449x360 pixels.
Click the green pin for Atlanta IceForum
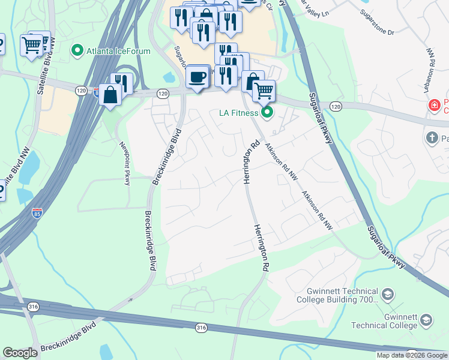[77, 50]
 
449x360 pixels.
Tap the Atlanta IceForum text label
[118, 51]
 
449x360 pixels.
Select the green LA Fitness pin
[267, 112]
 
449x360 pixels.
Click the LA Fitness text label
[238, 112]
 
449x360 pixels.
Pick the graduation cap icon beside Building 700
[388, 295]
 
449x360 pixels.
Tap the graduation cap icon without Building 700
[427, 320]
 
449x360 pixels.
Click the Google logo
[20, 353]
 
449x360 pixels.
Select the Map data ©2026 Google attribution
[412, 355]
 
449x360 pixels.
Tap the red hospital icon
[434, 106]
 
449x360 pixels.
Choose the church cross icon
[432, 139]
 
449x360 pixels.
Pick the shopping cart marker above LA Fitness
[264, 91]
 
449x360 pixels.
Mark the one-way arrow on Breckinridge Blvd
[130, 299]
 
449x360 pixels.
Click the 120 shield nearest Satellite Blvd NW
[81, 90]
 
